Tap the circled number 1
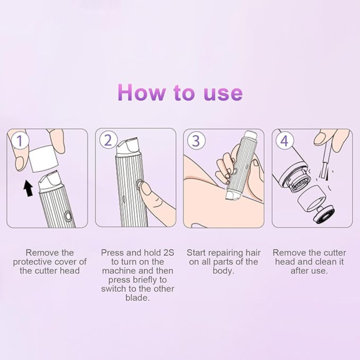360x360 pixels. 19,141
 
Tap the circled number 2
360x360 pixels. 108,141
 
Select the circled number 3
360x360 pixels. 196,141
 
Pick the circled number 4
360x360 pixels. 284,141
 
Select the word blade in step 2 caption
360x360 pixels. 137,298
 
